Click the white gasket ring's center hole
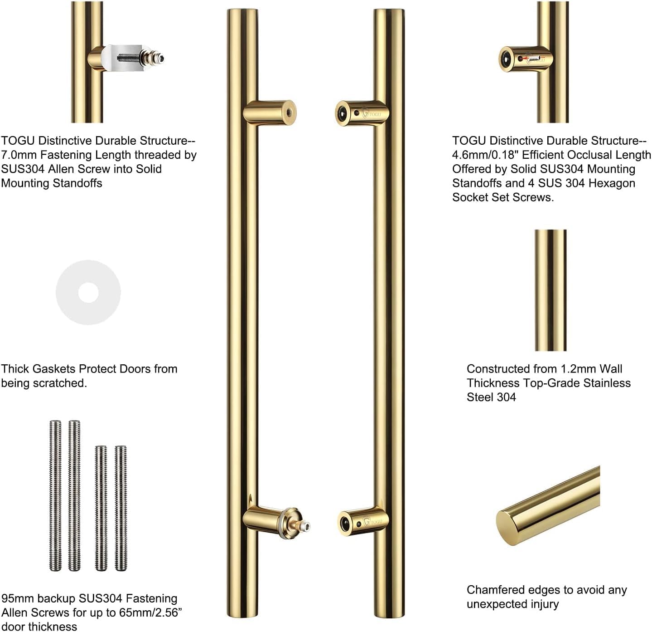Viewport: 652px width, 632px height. pyautogui.click(x=88, y=293)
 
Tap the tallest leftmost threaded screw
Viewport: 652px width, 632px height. pyautogui.click(x=55, y=495)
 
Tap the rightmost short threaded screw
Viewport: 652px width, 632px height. pyautogui.click(x=121, y=508)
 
